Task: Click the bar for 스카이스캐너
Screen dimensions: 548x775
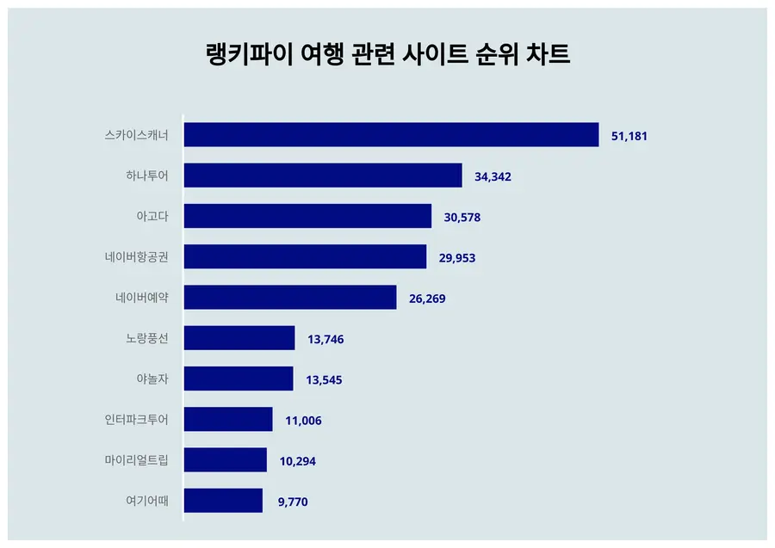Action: coord(391,135)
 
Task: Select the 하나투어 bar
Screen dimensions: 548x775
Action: coord(323,175)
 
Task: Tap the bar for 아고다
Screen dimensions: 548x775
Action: coord(307,216)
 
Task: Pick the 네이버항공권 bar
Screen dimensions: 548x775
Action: coord(305,256)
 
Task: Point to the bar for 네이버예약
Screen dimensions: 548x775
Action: coord(290,298)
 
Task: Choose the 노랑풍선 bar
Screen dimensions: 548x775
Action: coord(239,338)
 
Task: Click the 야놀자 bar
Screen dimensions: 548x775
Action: coord(239,379)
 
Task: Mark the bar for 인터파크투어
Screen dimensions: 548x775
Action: coord(228,419)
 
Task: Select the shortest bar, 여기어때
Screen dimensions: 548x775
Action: coord(223,501)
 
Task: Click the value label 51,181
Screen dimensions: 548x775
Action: coord(629,136)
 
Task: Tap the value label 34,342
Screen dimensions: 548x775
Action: coord(493,176)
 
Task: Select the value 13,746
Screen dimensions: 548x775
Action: coord(325,339)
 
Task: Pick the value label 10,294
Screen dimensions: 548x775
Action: coord(297,461)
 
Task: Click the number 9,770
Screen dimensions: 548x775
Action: coord(293,502)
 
